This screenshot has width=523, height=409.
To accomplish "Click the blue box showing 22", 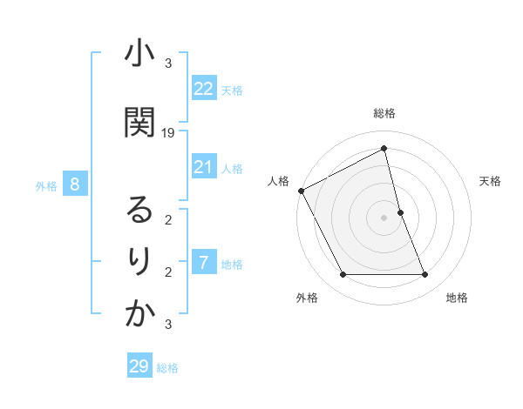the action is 204,89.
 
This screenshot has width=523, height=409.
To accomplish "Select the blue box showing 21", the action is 204,167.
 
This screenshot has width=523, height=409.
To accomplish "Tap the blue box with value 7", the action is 204,263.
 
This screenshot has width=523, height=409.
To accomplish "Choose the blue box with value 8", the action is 75,184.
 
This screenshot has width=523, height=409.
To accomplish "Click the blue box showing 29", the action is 139,366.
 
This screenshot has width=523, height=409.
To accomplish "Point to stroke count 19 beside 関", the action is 169,133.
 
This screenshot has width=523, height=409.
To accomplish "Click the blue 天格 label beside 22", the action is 232,90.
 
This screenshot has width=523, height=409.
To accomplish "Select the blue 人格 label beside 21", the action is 232,168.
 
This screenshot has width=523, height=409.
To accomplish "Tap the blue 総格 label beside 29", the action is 167,368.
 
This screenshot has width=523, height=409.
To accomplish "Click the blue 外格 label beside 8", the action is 46,185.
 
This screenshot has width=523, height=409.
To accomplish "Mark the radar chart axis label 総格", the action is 384,113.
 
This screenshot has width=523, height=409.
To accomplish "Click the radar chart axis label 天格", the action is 491,181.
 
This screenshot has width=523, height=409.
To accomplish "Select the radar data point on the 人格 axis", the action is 302,191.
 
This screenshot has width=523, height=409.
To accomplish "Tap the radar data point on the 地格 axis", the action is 425,275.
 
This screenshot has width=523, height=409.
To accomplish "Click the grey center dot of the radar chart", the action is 384,218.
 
